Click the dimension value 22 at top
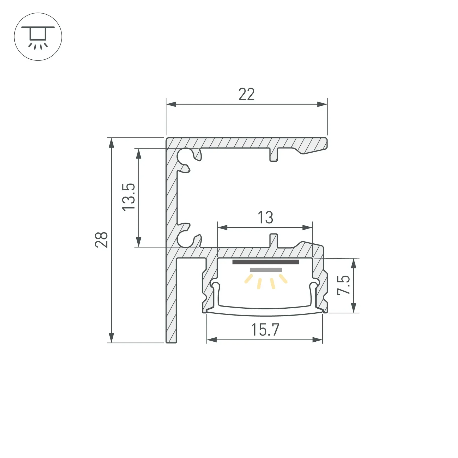click(246, 94)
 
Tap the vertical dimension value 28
click(101, 240)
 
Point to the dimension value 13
click(265, 218)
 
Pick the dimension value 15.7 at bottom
click(265, 330)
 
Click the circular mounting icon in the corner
click(38, 37)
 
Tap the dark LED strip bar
click(266, 262)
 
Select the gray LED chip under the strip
click(266, 270)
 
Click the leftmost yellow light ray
click(248, 279)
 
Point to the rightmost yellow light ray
click(283, 279)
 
